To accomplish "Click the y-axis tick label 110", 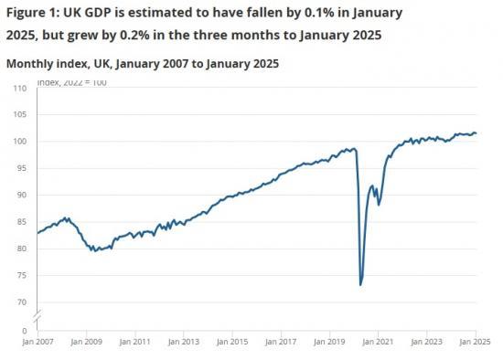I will [x=20, y=89].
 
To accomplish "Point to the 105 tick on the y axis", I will [x=20, y=115].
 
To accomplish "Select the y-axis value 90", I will [x=22, y=196].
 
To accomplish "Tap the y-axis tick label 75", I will [x=22, y=276].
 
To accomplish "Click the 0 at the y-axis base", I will [x=25, y=330].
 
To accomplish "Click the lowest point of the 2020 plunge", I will [x=360, y=285].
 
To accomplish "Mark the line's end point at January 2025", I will [x=476, y=134].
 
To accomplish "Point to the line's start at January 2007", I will [x=37, y=233].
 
